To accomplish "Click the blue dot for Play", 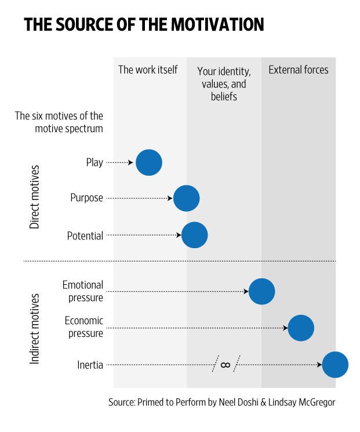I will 149,162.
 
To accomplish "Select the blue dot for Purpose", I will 186,198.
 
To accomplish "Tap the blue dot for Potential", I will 194,235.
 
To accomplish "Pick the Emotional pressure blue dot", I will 261,291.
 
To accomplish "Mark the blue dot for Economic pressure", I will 301,328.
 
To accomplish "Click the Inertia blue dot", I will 335,365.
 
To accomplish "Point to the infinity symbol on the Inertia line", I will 226,365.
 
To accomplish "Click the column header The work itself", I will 148,70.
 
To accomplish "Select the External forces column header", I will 298,70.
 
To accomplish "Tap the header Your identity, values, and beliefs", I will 224,84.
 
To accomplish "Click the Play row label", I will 94,162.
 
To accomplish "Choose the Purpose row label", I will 86,198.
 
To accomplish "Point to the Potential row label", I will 85,236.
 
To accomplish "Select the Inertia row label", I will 90,365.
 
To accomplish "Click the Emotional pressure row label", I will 83,291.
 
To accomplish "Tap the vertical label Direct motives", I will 35,197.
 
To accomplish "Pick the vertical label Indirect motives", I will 35,328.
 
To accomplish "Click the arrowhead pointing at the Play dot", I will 130,163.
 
